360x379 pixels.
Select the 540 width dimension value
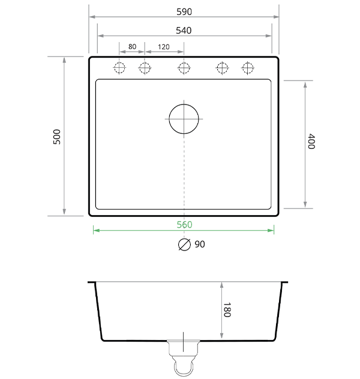click(184, 31)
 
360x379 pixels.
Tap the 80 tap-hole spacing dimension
click(132, 47)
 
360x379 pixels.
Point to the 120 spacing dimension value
click(163, 47)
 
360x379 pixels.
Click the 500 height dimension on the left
click(57, 136)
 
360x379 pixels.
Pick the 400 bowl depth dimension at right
click(311, 142)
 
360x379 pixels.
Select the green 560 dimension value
click(184, 225)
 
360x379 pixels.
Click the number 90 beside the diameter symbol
click(200, 244)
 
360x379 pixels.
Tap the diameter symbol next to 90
click(184, 244)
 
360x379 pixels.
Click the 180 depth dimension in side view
click(227, 311)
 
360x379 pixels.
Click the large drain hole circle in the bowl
click(184, 118)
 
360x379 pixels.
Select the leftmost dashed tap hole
click(119, 68)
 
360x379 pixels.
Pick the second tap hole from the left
click(144, 68)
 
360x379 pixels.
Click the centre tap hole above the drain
click(184, 68)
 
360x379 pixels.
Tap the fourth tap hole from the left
click(222, 68)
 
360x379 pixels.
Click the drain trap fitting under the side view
click(184, 357)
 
